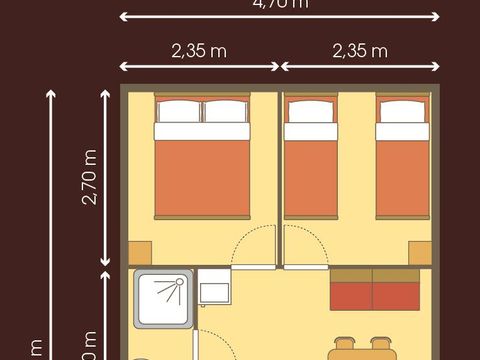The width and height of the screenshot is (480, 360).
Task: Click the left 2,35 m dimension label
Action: click(x=198, y=52)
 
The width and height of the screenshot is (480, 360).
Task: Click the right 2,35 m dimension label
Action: click(x=360, y=52)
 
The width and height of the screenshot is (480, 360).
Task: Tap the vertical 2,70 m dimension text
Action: click(x=90, y=178)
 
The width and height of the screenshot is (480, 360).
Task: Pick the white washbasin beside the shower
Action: click(x=215, y=292)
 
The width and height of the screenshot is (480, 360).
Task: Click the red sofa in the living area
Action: click(x=374, y=294)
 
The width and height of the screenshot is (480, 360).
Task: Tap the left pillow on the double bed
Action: click(x=178, y=111)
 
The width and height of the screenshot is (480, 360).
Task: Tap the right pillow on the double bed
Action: click(x=226, y=111)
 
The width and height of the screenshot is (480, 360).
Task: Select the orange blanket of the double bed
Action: click(x=202, y=178)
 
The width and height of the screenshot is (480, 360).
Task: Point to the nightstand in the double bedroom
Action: click(x=139, y=252)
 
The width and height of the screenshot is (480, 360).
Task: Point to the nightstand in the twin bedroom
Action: click(x=420, y=252)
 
